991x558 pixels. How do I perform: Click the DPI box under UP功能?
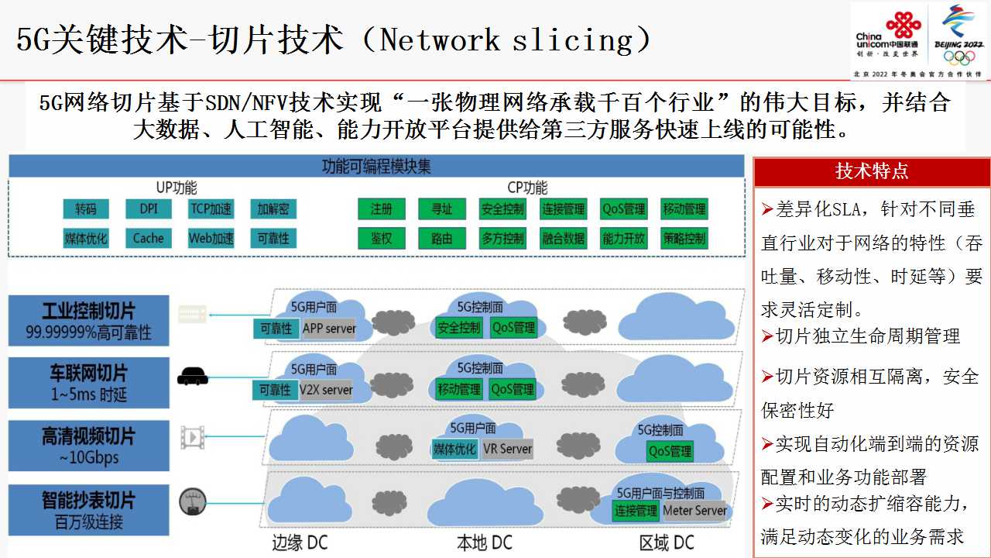pyautogui.click(x=149, y=208)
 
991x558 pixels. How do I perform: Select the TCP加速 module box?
pyautogui.click(x=211, y=208)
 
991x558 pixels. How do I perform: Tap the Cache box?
pyautogui.click(x=149, y=238)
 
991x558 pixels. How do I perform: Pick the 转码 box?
pyautogui.click(x=86, y=208)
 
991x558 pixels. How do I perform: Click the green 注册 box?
pyautogui.click(x=382, y=208)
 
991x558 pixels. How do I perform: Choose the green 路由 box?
pyautogui.click(x=442, y=239)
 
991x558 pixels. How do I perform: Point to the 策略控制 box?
pyautogui.click(x=684, y=239)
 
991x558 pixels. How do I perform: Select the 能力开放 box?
pyautogui.click(x=623, y=239)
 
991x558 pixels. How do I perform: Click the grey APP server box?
pyautogui.click(x=329, y=329)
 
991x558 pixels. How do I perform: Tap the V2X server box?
pyautogui.click(x=326, y=390)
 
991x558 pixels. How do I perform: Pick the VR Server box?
pyautogui.click(x=507, y=449)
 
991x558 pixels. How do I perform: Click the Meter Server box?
pyautogui.click(x=694, y=511)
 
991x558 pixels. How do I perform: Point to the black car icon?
pyautogui.click(x=193, y=377)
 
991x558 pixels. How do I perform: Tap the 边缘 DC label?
pyautogui.click(x=300, y=543)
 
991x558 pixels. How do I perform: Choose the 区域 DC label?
pyautogui.click(x=667, y=543)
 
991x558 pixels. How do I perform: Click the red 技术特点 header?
pyautogui.click(x=872, y=171)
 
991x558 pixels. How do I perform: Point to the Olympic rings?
pyautogui.click(x=958, y=57)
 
